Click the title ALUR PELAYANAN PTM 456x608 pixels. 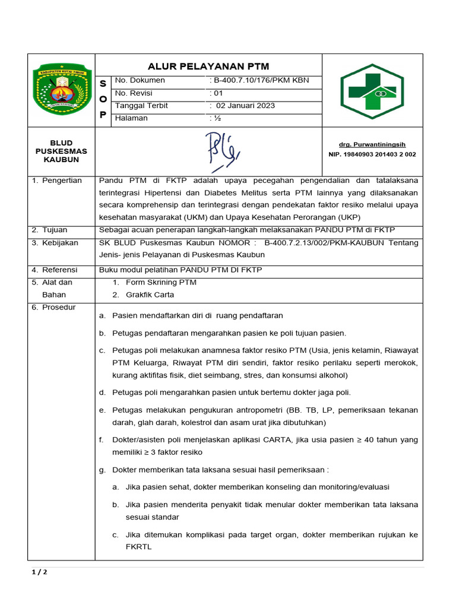tap(208, 66)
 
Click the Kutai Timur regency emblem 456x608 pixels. tap(62, 90)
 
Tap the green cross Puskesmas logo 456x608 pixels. tap(372, 91)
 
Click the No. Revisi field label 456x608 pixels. tap(134, 93)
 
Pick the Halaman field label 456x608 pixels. tap(131, 118)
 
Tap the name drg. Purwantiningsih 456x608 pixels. tap(372, 144)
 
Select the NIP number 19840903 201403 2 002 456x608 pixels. tap(372, 154)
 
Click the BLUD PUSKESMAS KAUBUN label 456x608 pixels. tap(60, 151)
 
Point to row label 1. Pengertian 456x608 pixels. tap(57, 180)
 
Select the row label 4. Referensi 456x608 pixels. tap(55, 270)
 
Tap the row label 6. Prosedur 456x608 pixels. tap(54, 307)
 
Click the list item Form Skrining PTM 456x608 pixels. tap(161, 282)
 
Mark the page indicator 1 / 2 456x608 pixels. tap(39, 572)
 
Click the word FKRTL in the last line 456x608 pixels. tap(138, 547)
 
